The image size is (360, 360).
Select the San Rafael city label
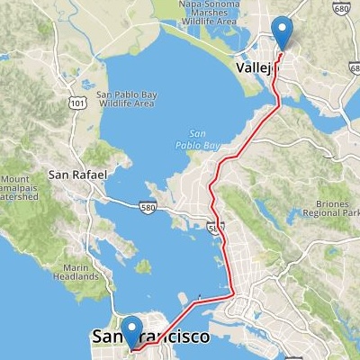[x=77, y=174]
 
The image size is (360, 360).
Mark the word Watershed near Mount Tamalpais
[x=19, y=196]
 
